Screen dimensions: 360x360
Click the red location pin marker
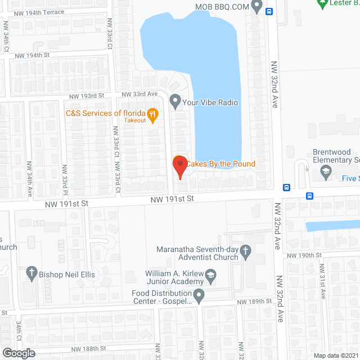click(179, 167)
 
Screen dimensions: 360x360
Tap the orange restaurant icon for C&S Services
click(152, 114)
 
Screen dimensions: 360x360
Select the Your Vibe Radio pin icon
click(175, 102)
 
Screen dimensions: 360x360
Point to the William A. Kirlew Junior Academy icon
click(211, 274)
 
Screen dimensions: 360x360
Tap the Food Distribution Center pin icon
click(199, 295)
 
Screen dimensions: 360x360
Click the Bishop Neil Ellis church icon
click(32, 274)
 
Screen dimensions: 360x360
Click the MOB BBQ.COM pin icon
click(258, 7)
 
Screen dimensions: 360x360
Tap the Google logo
click(18, 353)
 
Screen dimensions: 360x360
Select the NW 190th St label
click(304, 255)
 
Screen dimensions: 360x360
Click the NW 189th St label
click(254, 302)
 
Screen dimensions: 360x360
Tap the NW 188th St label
click(89, 349)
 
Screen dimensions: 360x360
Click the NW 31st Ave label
click(323, 285)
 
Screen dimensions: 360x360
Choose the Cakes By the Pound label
click(220, 164)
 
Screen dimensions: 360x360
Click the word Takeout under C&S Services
click(135, 120)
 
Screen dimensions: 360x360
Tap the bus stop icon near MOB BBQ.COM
click(269, 11)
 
